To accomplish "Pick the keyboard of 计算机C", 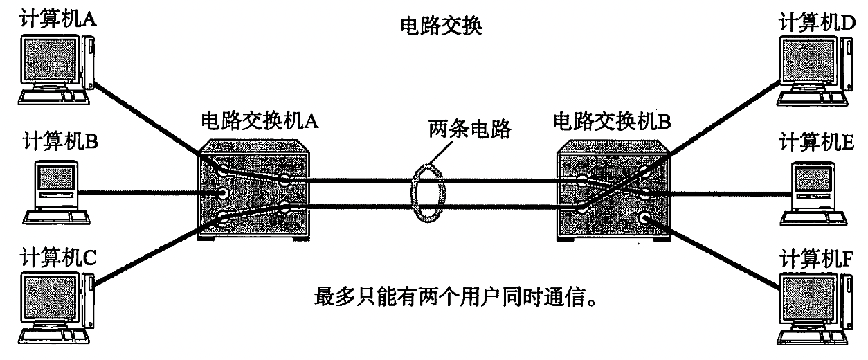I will click(52, 336).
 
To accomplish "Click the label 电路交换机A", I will click(259, 120).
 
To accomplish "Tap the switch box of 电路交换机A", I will click(254, 190).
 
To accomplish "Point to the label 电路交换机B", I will click(613, 122).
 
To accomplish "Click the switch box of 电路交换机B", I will click(613, 190).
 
